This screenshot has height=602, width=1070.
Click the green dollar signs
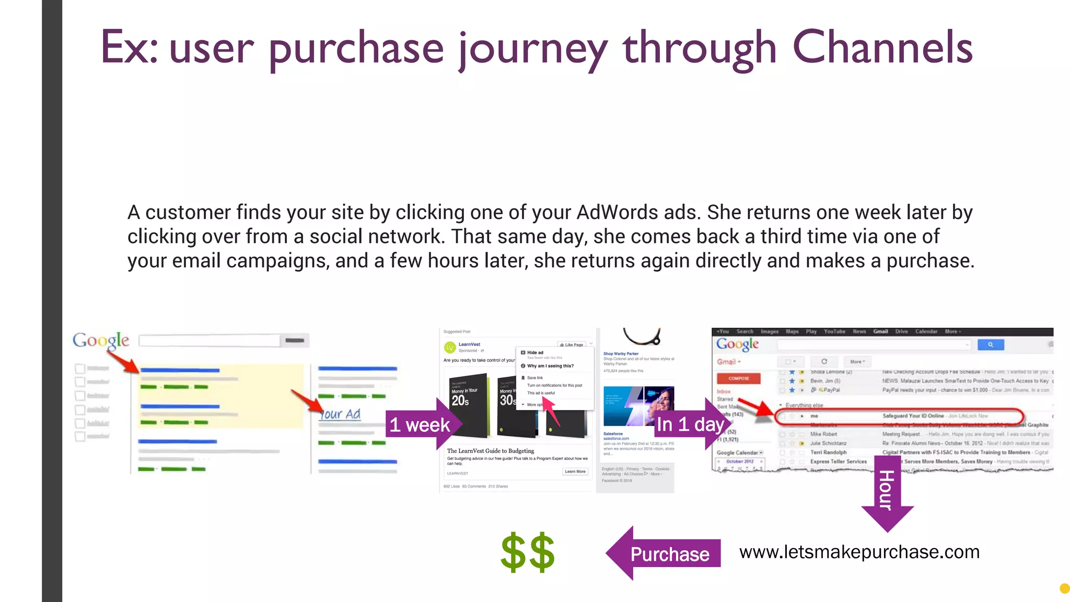528,552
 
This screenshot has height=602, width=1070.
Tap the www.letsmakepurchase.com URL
859,552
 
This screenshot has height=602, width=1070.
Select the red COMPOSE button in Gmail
738,378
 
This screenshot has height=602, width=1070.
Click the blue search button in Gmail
990,344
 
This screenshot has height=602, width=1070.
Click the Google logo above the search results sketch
101,341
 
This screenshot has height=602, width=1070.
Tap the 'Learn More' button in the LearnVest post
575,471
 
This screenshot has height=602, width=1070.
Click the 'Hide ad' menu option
535,353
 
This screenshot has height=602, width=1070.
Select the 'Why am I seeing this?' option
550,366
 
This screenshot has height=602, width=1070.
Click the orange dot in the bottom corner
1064,588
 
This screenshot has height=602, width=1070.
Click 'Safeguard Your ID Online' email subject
913,416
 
